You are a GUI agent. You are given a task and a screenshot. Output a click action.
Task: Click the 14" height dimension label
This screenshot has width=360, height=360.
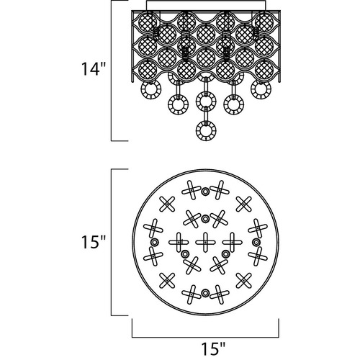click(x=94, y=69)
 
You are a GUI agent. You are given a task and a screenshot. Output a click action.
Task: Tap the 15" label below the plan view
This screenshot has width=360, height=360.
click(x=213, y=348)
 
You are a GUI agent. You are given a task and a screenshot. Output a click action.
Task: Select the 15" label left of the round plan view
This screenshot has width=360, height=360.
click(x=94, y=242)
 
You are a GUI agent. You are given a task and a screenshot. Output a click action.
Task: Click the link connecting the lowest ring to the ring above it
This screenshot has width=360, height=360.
click(x=206, y=115)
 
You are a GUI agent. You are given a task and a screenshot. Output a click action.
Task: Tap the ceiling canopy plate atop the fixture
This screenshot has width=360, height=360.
click(x=206, y=6)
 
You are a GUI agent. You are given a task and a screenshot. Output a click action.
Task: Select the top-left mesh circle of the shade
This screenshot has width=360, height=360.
click(x=148, y=22)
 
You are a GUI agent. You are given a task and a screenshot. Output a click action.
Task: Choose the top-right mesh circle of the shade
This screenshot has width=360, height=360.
click(x=264, y=22)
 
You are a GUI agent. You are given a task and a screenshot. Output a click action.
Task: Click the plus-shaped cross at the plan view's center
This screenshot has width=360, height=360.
click(x=205, y=242)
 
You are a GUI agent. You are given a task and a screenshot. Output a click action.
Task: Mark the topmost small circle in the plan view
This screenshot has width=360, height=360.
click(x=205, y=192)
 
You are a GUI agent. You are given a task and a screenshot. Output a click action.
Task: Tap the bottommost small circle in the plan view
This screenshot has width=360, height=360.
click(x=205, y=293)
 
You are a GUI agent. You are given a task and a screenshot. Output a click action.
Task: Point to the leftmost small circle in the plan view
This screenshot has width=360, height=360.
click(x=154, y=242)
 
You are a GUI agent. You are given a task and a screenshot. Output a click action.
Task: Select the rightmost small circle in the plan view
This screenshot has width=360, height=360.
click(x=256, y=242)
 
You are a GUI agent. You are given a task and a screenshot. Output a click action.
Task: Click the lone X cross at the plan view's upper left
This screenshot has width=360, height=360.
click(x=167, y=204)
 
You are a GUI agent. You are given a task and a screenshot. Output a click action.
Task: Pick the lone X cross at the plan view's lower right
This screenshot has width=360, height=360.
click(x=243, y=280)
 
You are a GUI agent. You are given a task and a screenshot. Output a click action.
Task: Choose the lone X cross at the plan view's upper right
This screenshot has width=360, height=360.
click(x=243, y=204)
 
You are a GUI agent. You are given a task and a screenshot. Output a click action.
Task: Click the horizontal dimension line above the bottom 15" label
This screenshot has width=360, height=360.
click(x=205, y=337)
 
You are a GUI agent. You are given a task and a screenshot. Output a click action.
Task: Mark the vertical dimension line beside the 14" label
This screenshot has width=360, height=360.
click(x=112, y=71)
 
